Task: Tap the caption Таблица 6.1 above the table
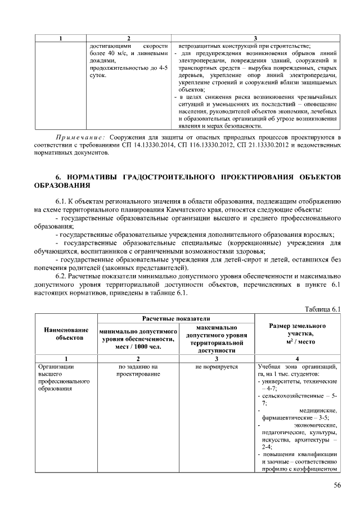pos(323,309)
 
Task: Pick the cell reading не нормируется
pos(217,367)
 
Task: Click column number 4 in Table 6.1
pos(298,358)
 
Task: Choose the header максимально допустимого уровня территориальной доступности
pos(217,338)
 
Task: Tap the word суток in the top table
pos(98,75)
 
